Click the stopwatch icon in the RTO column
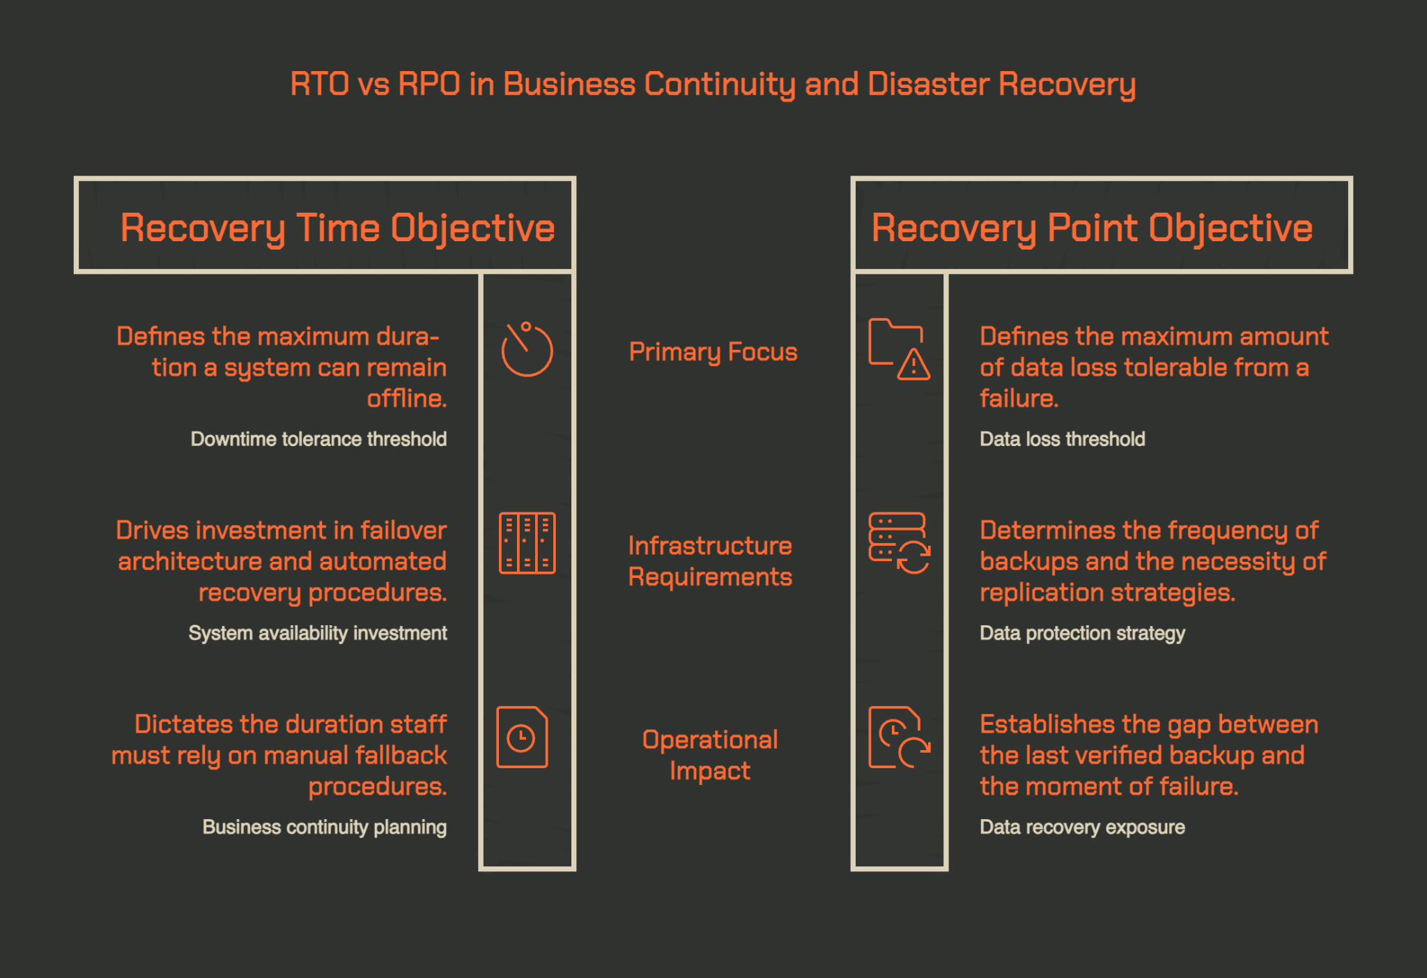(527, 350)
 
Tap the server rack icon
(527, 543)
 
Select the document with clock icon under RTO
(522, 737)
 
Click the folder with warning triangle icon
(899, 349)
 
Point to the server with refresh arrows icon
(899, 543)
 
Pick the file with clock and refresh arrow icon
(899, 737)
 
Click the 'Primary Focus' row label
(713, 352)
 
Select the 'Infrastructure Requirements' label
(710, 561)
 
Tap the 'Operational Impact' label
(710, 755)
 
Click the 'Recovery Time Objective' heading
(337, 228)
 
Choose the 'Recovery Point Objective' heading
(1092, 228)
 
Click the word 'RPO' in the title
(429, 84)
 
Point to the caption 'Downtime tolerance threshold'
(318, 439)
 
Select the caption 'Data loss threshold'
(1063, 439)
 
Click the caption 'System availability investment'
(318, 633)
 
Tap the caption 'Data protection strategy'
(1082, 633)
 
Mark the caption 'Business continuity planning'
(325, 827)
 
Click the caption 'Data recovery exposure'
(1082, 827)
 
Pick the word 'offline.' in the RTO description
(407, 398)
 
